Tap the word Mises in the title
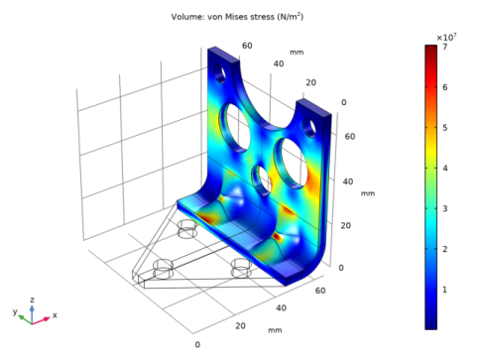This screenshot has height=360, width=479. pos(235,17)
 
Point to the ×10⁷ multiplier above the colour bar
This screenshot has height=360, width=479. pos(446,38)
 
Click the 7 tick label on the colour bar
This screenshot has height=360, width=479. pos(445,47)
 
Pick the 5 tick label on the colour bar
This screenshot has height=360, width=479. pos(445,128)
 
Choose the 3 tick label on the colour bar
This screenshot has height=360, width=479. pos(445,208)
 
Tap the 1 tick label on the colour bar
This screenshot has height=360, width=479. pos(445,290)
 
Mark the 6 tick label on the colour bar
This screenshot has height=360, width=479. pos(445,87)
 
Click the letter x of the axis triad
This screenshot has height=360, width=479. pos(55,315)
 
